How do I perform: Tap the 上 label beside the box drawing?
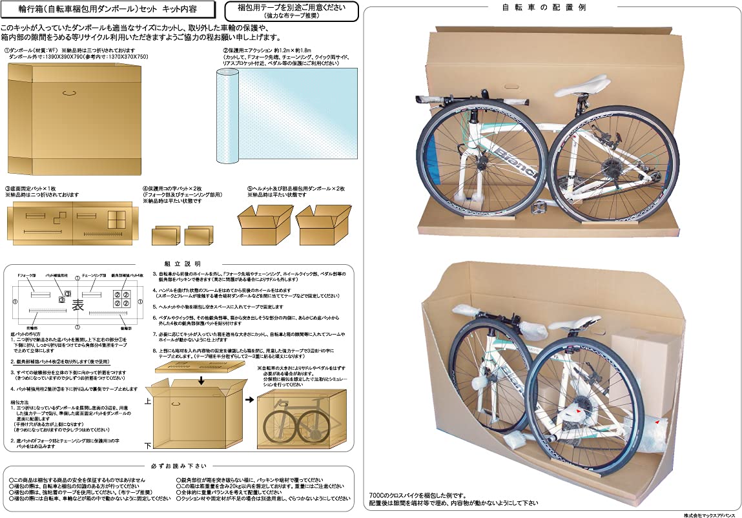148,400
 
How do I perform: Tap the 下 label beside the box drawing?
148,446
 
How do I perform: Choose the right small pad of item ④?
198,235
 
